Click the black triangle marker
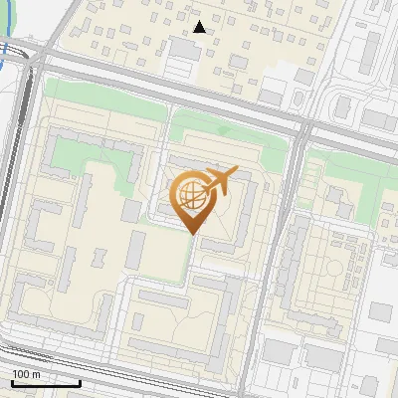click(x=200, y=27)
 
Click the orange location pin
click(x=191, y=199)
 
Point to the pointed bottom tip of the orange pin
click(x=191, y=234)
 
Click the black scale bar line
click(x=46, y=383)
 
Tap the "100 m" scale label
click(x=27, y=374)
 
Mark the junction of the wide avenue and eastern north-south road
click(x=303, y=127)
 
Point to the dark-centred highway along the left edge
click(x=12, y=199)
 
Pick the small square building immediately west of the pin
click(x=130, y=212)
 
